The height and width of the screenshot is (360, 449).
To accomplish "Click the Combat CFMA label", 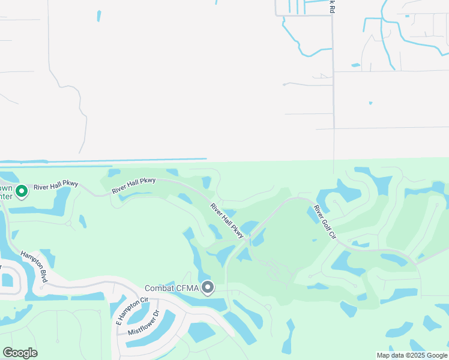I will click(172, 289).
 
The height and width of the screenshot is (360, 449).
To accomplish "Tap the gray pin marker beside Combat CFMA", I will click(208, 288).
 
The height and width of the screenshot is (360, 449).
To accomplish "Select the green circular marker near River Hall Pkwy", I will click(22, 192).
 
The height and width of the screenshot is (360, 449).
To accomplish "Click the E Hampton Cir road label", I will click(131, 311).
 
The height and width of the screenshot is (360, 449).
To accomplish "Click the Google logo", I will click(20, 353).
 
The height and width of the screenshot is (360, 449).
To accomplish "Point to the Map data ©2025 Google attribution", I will click(412, 355).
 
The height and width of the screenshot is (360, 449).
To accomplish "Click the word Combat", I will click(160, 289).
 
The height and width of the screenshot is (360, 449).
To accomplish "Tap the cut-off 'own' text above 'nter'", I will click(5, 187).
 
